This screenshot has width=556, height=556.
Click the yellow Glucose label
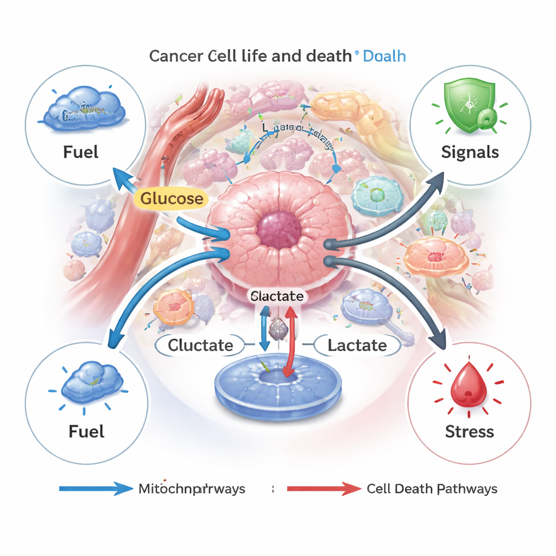pos(172,199)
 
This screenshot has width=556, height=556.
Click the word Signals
pos(470,152)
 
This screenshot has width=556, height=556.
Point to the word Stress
pos(469,432)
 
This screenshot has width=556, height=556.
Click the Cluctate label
pos(200,345)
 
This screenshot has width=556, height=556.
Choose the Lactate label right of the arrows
pos(357,345)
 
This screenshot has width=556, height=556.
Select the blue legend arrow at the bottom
pos(95,489)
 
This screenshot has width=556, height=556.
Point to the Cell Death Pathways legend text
pos(432,489)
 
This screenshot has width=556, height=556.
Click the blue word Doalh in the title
pos(384,56)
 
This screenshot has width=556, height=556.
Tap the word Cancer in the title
pos(176,56)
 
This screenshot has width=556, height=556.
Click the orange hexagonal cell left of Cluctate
pos(173,307)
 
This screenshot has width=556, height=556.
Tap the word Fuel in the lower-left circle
pos(87,432)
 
